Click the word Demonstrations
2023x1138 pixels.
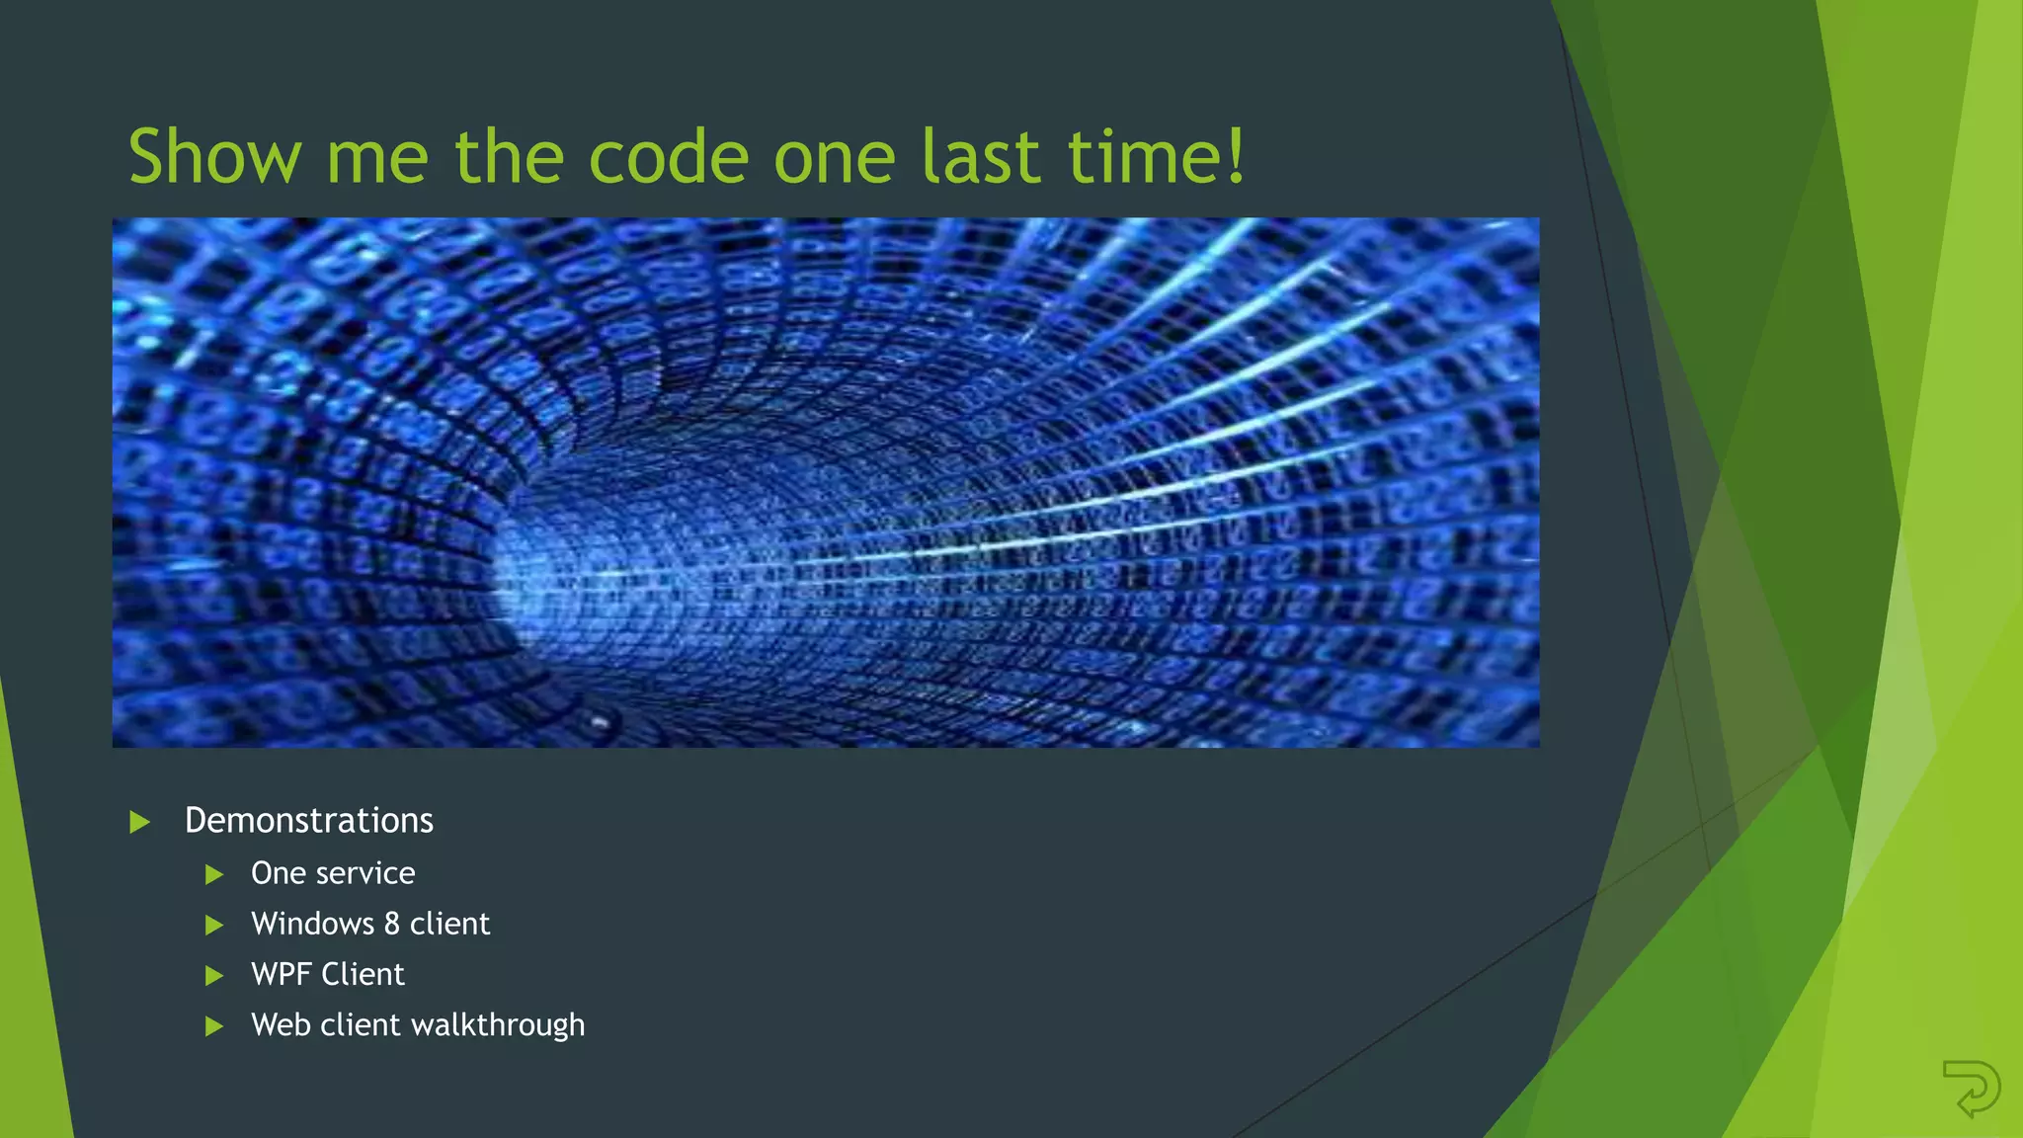click(308, 821)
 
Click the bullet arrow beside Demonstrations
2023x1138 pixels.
click(139, 822)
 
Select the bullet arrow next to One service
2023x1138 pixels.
click(213, 874)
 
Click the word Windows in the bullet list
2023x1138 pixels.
click(312, 924)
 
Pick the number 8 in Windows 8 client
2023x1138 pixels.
click(391, 924)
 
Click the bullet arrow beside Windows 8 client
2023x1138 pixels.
click(213, 926)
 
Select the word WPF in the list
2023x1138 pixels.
click(281, 975)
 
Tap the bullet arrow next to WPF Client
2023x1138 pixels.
click(213, 976)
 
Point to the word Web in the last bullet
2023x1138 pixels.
click(281, 1025)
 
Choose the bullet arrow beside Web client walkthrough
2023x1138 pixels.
click(213, 1026)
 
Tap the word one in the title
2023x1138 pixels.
click(834, 158)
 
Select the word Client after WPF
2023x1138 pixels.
click(363, 975)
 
